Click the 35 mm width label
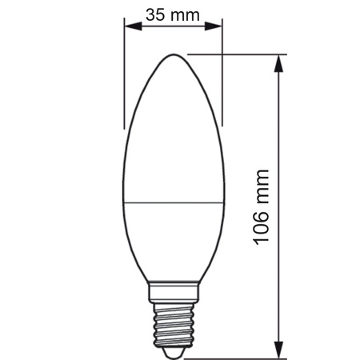pos(173,14)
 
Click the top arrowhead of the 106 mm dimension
pos(279,60)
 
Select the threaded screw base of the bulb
pos(172,320)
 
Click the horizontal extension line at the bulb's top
pos(240,54)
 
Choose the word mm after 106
pos(262,186)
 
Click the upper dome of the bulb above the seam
pos(172,128)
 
